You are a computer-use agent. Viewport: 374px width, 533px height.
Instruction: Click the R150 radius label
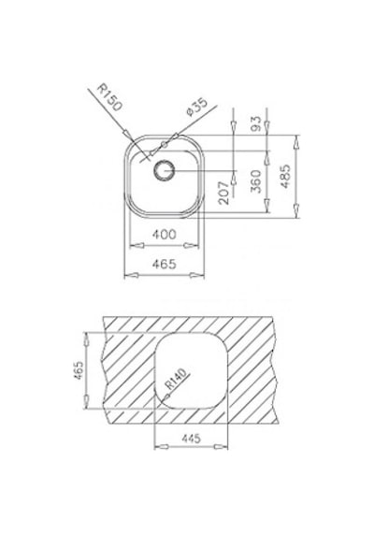point(108,97)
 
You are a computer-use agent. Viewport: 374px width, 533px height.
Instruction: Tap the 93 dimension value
point(255,123)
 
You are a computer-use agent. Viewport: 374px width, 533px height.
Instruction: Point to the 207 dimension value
point(223,193)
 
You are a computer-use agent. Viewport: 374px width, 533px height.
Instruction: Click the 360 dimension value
point(255,181)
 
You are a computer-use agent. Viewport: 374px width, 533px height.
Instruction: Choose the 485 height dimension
point(285,176)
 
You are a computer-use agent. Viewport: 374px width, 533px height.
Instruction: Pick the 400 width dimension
point(165,234)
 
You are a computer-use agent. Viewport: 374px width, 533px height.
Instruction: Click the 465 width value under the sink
point(165,264)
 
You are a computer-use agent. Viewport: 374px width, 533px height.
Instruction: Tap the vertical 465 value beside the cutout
point(79,370)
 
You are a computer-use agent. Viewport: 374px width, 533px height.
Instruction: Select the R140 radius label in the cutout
point(177,379)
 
